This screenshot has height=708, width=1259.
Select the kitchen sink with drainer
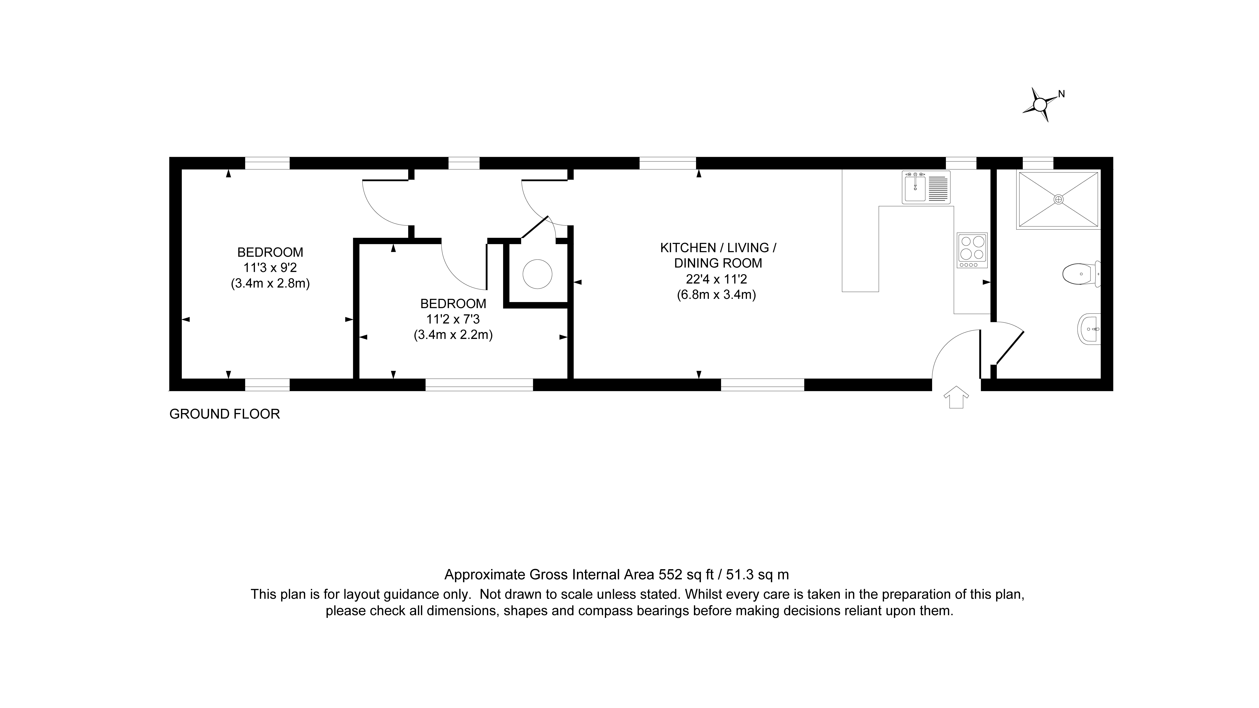(926, 187)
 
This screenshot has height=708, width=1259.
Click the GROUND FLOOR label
(224, 414)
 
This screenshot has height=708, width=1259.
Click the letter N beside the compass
(1061, 94)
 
